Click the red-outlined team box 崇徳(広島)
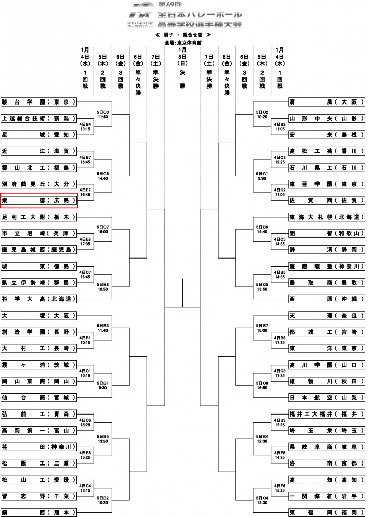tap(39, 200)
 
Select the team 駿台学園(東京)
tap(39, 101)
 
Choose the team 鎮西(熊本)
tap(39, 512)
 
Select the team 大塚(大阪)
tap(39, 316)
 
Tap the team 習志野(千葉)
tap(39, 496)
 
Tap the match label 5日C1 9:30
tap(261, 176)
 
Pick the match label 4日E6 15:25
tap(279, 488)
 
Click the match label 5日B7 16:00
tap(261, 328)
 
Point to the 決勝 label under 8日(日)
tap(182, 79)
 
